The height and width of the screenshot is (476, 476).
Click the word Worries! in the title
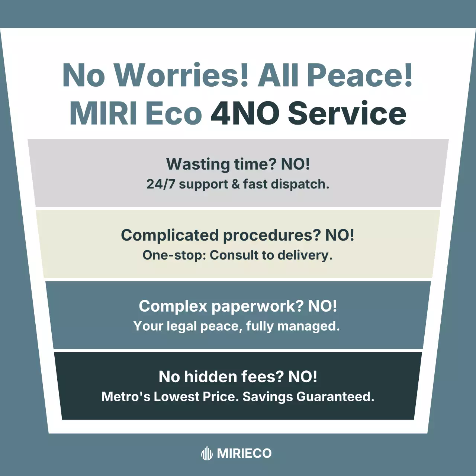pos(181,75)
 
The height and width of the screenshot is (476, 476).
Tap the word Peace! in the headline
pos(360,75)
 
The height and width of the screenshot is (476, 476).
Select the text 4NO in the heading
pos(245,113)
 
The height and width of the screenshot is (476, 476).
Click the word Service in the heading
pos(347,113)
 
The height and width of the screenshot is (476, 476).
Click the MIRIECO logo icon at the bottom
pos(207,453)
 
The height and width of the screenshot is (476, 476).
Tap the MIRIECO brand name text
pos(244,453)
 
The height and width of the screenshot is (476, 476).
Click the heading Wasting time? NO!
pos(238,164)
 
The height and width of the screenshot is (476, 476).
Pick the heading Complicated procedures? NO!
pos(238,235)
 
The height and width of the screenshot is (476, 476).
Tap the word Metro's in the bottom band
pos(126,397)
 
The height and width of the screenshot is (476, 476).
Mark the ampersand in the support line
pos(236,184)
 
